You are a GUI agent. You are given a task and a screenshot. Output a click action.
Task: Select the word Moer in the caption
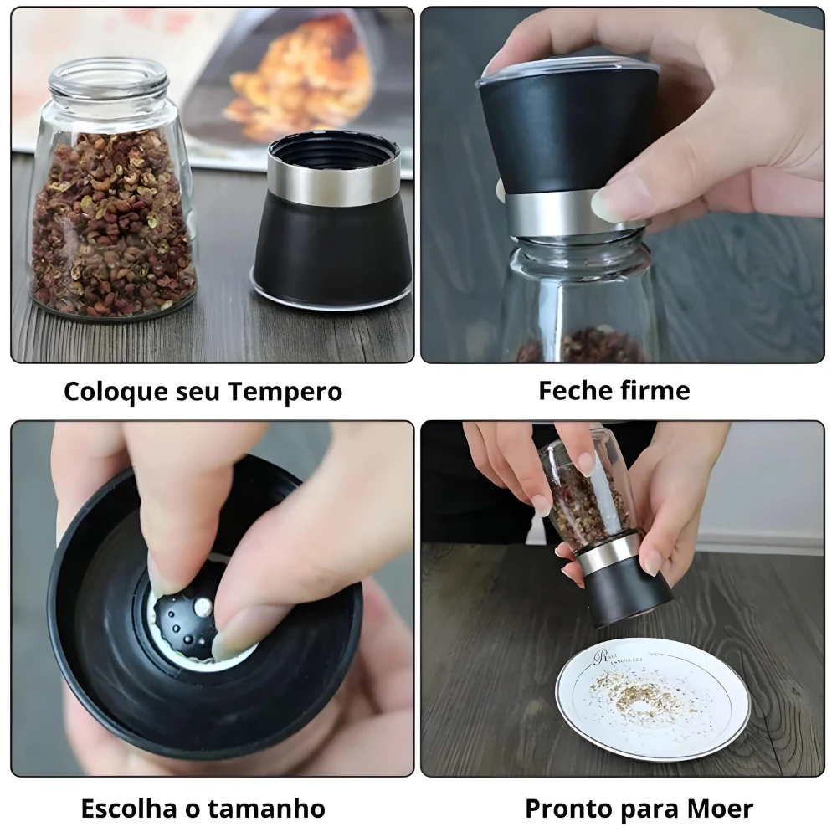tap(721, 809)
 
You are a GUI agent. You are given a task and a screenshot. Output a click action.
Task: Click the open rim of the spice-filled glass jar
tap(108, 77)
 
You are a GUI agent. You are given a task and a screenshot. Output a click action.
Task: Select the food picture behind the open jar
tap(301, 80)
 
